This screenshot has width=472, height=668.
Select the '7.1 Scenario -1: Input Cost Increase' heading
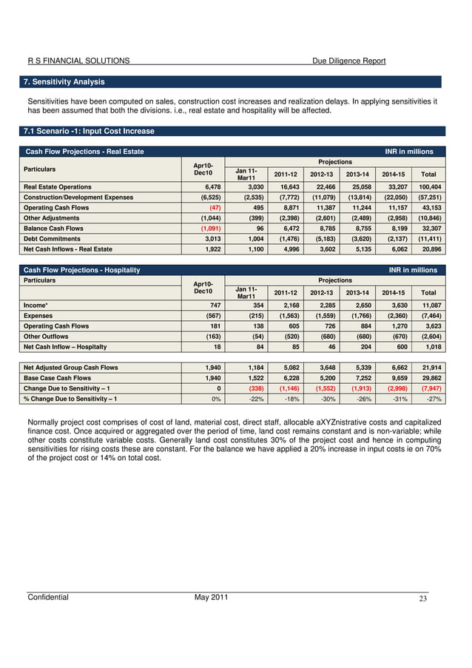tap(90, 132)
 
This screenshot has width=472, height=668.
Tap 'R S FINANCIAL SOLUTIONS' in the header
tap(78, 61)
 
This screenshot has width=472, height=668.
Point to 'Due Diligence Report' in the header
tap(348, 61)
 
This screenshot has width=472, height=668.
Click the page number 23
tap(422, 599)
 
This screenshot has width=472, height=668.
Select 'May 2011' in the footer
tap(211, 598)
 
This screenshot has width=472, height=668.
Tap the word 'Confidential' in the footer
tap(48, 598)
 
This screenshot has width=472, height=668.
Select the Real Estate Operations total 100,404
tap(428, 187)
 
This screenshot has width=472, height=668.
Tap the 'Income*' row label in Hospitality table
tap(36, 306)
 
